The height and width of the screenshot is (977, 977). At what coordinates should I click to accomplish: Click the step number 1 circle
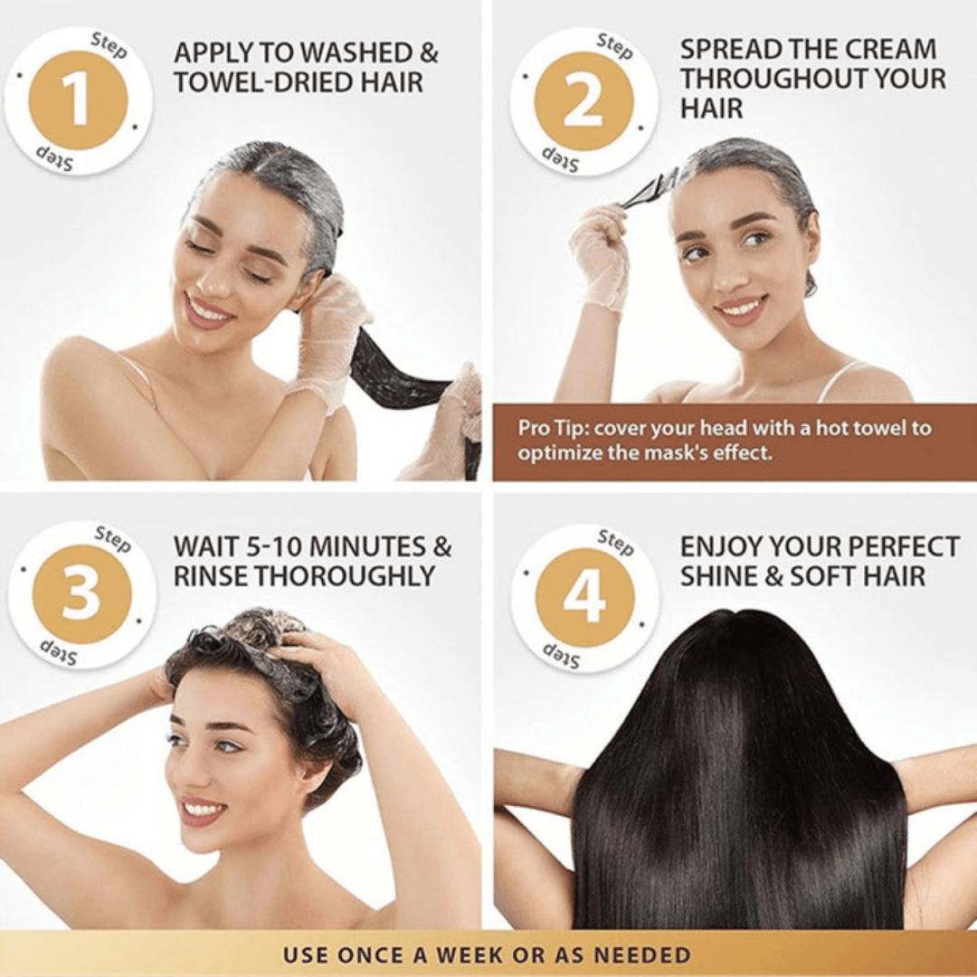pyautogui.click(x=78, y=101)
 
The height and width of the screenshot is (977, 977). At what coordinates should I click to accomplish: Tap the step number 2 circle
pyautogui.click(x=583, y=101)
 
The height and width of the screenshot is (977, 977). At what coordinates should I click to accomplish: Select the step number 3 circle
pyautogui.click(x=81, y=594)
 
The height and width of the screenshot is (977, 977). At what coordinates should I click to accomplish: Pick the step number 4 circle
pyautogui.click(x=584, y=598)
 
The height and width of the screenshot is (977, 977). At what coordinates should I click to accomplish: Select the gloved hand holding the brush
pyautogui.click(x=599, y=253)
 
